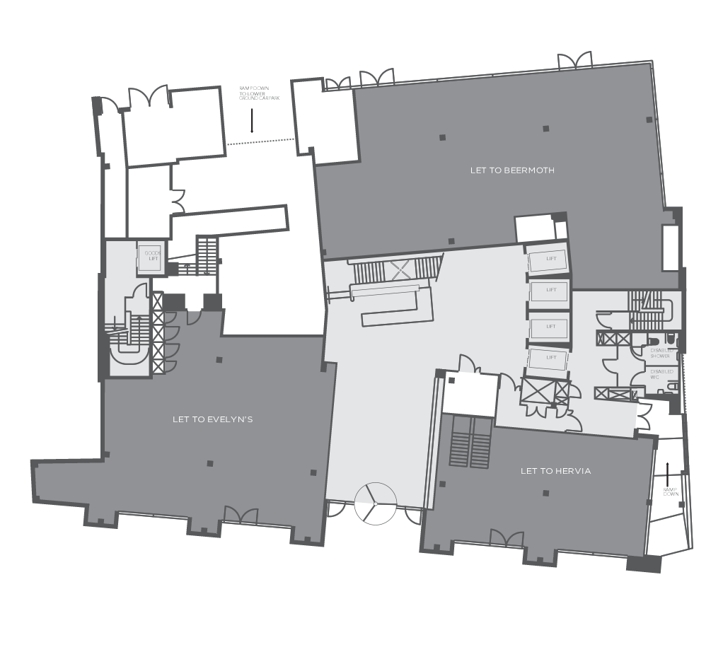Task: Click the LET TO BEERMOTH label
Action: click(x=512, y=170)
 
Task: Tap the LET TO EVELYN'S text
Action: click(x=212, y=419)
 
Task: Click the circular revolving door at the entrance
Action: click(x=375, y=503)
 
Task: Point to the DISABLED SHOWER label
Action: click(x=661, y=353)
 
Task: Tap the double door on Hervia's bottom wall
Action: click(x=507, y=539)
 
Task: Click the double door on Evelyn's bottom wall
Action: click(x=241, y=516)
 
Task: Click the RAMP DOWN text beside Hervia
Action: click(x=670, y=491)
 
